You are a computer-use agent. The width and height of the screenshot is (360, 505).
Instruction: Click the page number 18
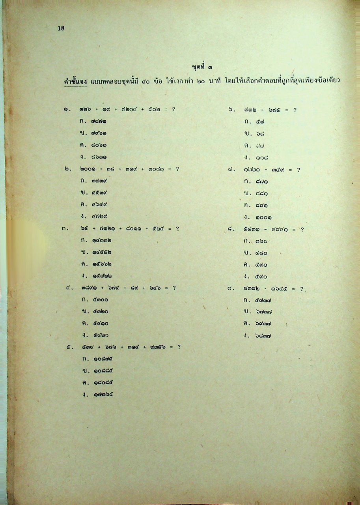pos(61,28)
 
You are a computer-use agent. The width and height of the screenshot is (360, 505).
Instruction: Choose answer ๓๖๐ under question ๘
pos(261,241)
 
